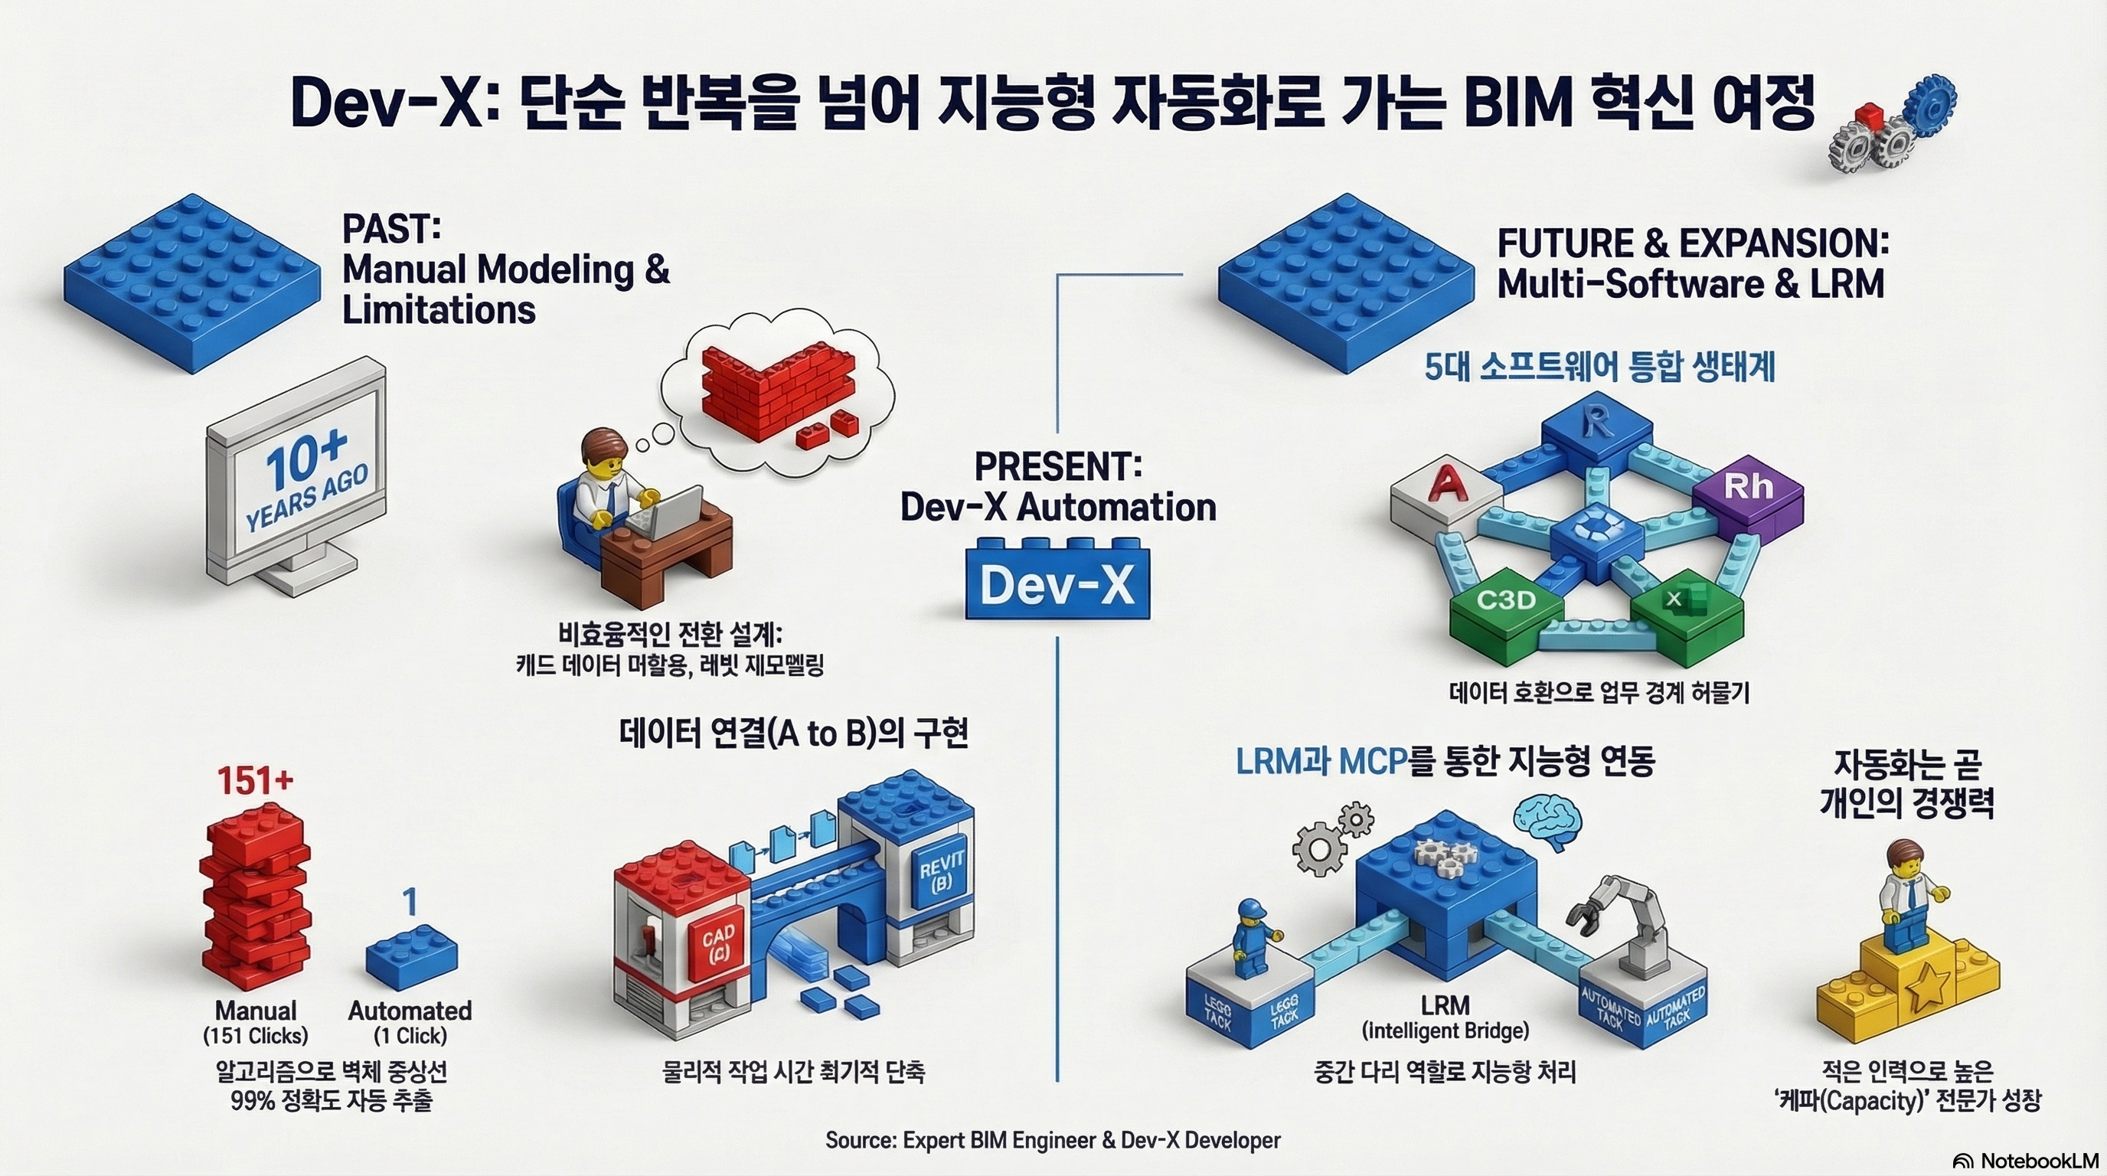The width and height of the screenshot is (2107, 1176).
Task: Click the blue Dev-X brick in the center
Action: (1057, 583)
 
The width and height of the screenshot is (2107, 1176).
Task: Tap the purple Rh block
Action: (1748, 491)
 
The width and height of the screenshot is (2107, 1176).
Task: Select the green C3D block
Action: (1506, 605)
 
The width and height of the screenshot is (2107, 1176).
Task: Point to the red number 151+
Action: (254, 781)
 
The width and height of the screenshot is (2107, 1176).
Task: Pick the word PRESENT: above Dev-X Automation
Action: (1057, 467)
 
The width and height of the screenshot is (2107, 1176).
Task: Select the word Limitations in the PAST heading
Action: (439, 311)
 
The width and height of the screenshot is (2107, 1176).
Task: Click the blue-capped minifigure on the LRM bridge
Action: (1252, 949)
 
